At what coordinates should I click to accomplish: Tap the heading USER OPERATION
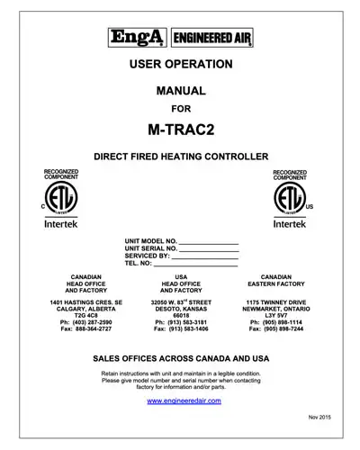(x=181, y=64)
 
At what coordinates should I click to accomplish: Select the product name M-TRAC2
(x=181, y=129)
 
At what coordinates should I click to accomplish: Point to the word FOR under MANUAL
(x=181, y=111)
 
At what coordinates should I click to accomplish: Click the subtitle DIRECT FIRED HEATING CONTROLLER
(x=181, y=157)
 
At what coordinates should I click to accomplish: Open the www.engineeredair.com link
(x=180, y=400)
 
